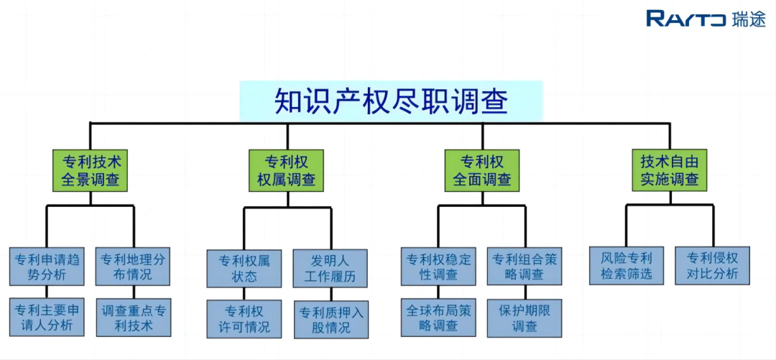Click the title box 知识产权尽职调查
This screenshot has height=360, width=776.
point(391,101)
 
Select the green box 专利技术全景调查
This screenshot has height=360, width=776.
point(90,170)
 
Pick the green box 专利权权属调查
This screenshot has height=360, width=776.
point(287,170)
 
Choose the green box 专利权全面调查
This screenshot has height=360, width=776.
point(482,170)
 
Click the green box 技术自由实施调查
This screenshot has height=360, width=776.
point(670,170)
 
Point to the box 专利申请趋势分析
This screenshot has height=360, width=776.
point(47,267)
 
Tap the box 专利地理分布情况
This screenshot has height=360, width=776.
point(133,267)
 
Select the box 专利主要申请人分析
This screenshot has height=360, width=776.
point(47,317)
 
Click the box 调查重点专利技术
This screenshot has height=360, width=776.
point(134,318)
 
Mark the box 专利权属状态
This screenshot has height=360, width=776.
point(244,269)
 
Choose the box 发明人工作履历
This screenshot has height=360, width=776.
point(331,269)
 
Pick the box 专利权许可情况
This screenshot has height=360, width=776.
point(244,319)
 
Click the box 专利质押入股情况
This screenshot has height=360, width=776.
point(331,319)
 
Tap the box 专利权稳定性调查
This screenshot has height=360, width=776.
point(438,267)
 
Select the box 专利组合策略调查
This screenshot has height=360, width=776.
point(525,267)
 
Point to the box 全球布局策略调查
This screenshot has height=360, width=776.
point(438,318)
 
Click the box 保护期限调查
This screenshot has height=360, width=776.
point(525,318)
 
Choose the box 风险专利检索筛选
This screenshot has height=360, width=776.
point(627,265)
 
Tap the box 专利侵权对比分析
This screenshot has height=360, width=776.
point(713,265)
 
